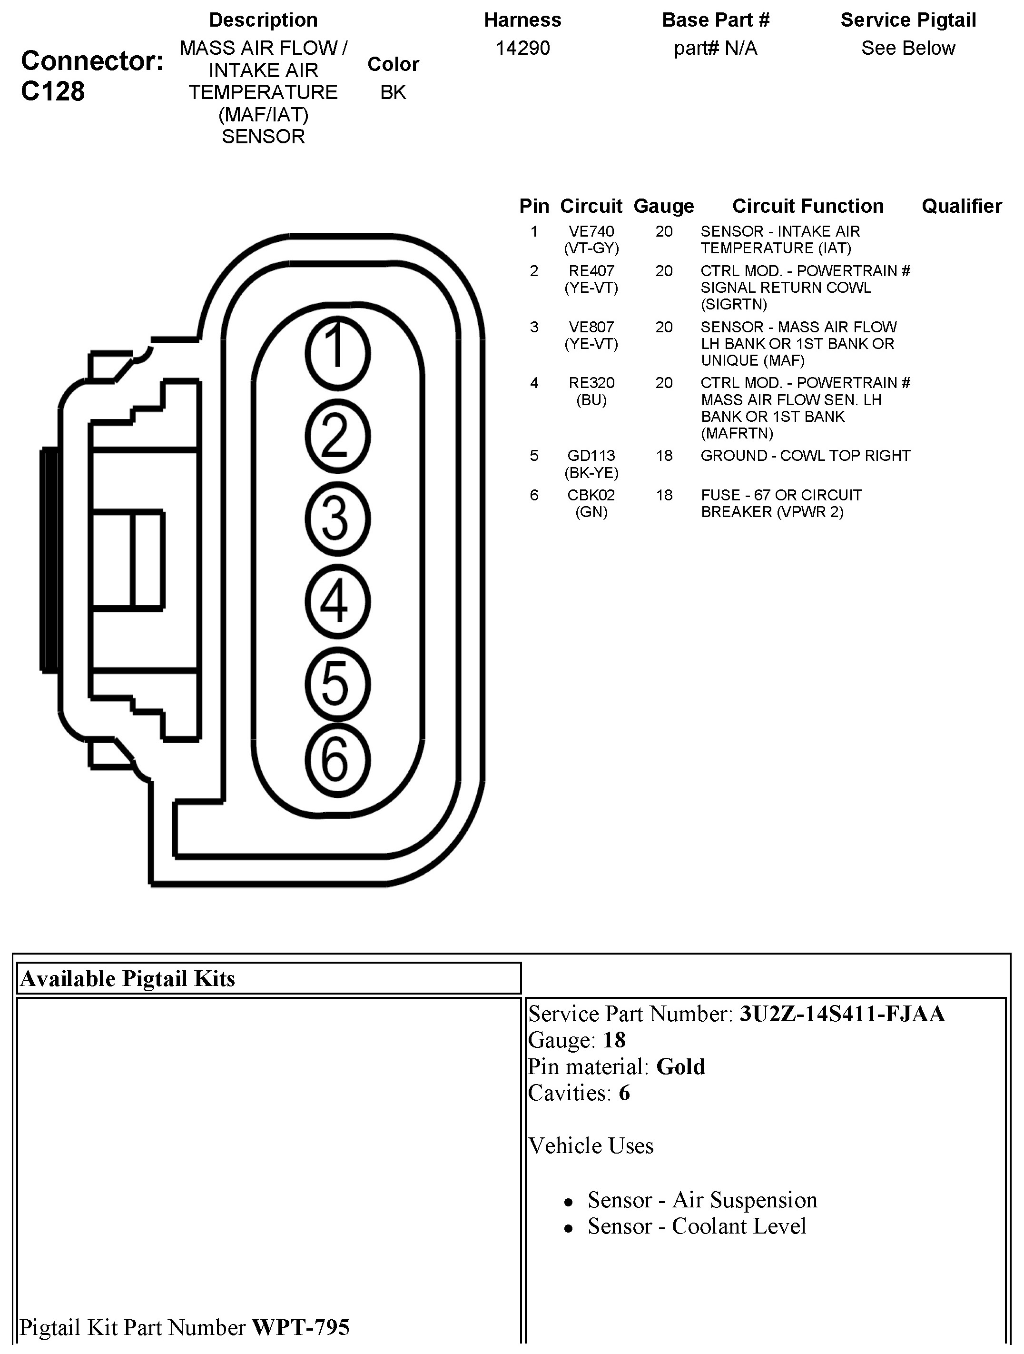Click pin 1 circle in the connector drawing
(x=337, y=354)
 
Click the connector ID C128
(x=53, y=91)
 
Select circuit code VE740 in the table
(x=591, y=231)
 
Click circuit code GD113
(x=591, y=456)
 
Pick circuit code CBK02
(x=591, y=495)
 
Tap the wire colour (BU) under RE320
(x=591, y=400)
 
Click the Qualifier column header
(x=962, y=206)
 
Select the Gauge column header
(x=664, y=206)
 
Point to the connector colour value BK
(x=393, y=92)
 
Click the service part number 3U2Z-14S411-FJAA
(x=842, y=1014)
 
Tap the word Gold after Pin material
(x=680, y=1067)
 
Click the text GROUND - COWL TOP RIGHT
(x=805, y=456)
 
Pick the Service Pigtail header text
(x=908, y=20)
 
